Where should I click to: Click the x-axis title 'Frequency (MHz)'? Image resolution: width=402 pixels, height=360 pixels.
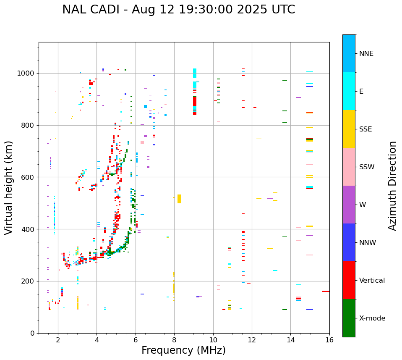coord(183,350)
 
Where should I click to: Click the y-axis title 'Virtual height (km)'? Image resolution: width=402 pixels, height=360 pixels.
coord(9,188)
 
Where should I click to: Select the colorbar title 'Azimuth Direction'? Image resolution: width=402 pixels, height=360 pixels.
coord(392,186)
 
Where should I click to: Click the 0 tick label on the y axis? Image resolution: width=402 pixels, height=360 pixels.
coord(33,333)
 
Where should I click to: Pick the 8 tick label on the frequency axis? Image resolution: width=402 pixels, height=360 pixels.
coord(174,340)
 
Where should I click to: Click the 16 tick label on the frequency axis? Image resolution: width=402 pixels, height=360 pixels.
coord(329,340)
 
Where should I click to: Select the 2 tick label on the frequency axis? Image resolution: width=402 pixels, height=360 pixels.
coord(58,340)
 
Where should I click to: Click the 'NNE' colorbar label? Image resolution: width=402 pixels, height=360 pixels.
coord(366,54)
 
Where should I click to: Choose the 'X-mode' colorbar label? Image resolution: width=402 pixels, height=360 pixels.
coord(372,318)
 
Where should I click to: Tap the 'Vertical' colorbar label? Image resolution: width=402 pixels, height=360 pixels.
coord(372,281)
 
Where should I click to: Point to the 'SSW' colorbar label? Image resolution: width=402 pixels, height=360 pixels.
coord(367,167)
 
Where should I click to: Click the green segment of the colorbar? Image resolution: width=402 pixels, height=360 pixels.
coord(349,318)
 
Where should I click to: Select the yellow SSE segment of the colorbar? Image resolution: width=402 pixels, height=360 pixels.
coord(349,129)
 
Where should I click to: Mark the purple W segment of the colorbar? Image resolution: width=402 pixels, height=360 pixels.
coord(349,205)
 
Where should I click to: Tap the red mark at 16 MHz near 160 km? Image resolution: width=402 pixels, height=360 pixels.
coord(326,291)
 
